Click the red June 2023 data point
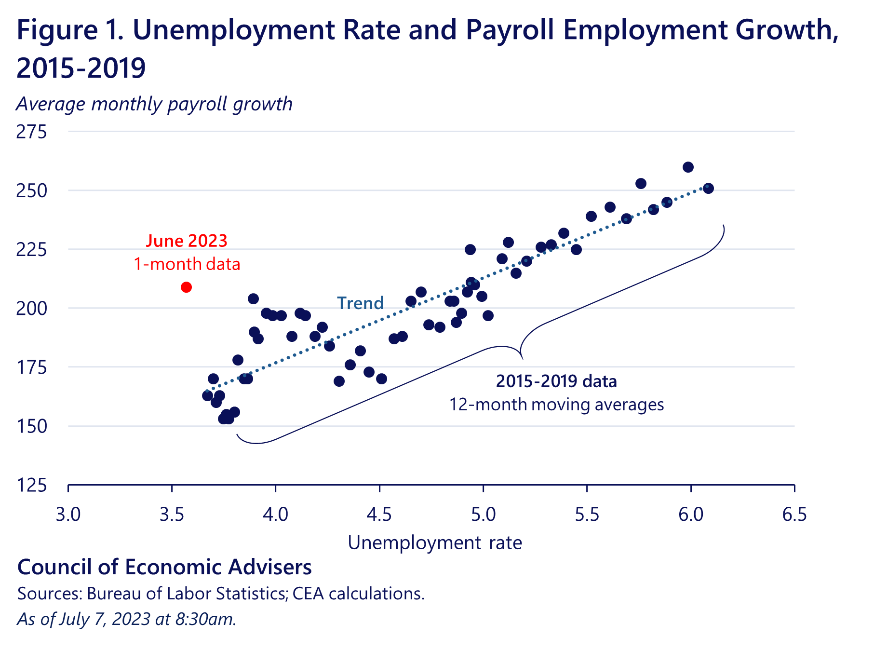(186, 287)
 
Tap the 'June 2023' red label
(187, 241)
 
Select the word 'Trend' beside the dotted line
(360, 303)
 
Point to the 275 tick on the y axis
(32, 132)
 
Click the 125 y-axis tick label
(32, 485)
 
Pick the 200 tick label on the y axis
(32, 308)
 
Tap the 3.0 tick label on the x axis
(68, 515)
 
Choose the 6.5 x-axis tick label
(794, 515)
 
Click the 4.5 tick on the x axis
(379, 515)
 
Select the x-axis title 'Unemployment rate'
(435, 543)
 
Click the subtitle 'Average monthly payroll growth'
(154, 104)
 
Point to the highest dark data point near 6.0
(688, 167)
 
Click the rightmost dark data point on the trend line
(708, 189)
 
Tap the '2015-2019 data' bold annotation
(556, 381)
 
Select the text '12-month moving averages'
(556, 405)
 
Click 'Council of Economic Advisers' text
(164, 567)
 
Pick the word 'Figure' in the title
(57, 30)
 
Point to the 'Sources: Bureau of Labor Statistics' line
(221, 594)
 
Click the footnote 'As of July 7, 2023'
(127, 619)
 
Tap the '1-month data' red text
(187, 264)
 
